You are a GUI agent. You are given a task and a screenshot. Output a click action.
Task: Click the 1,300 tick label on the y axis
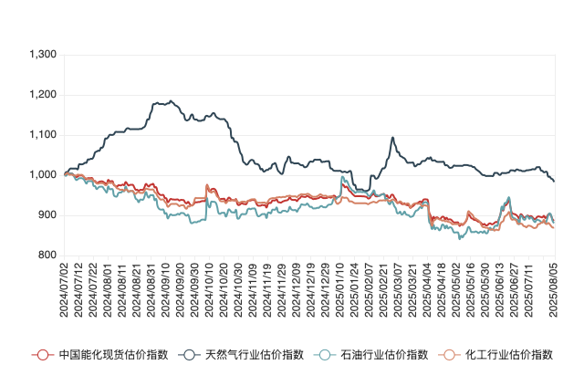click(43, 55)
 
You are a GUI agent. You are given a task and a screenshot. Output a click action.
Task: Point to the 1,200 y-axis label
click(43, 95)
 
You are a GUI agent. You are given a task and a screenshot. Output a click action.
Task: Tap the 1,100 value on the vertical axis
click(43, 135)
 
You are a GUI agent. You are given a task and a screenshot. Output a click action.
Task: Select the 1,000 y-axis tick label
click(43, 175)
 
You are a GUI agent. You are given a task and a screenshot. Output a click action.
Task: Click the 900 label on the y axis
click(47, 215)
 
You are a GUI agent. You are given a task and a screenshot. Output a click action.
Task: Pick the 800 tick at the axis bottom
click(47, 255)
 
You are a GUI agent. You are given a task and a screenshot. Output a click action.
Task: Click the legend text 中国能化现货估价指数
click(100, 354)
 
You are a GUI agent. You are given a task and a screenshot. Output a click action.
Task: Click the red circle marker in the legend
click(40, 354)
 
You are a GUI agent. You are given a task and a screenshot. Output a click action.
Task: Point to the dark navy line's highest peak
click(172, 100)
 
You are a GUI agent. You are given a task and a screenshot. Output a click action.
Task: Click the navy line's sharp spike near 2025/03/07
click(392, 138)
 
